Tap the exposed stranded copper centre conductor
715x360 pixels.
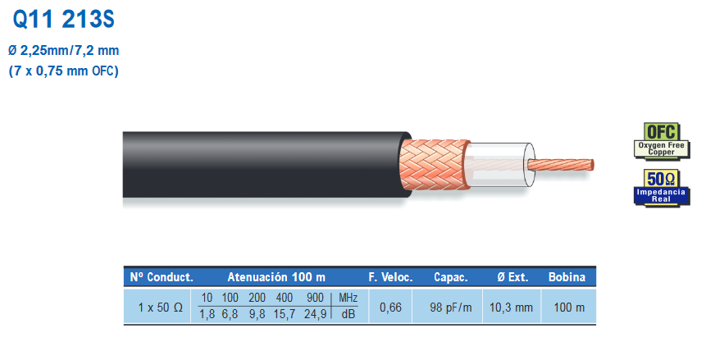pos(561,163)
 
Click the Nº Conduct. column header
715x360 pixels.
pos(160,277)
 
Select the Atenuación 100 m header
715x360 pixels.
pos(276,277)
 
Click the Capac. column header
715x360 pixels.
pos(450,277)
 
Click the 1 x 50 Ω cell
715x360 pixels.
pos(160,308)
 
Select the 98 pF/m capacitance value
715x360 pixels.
pos(450,308)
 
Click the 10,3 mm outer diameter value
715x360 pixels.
pos(511,308)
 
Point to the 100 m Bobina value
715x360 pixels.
pos(567,308)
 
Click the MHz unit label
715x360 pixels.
pos(348,298)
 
